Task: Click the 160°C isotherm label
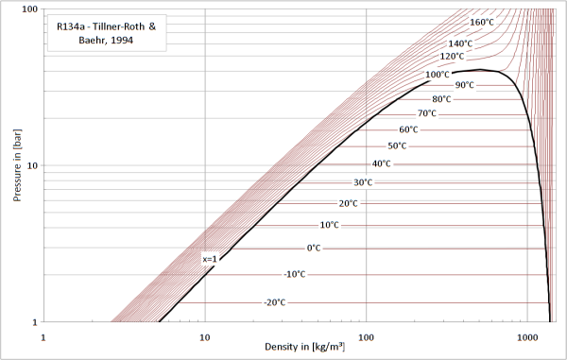tap(482, 23)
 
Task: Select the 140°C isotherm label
tap(460, 43)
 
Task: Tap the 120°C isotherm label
tap(452, 57)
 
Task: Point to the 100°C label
tap(438, 75)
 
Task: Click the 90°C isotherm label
tap(464, 85)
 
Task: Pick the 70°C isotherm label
tap(427, 113)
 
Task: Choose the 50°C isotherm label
tap(397, 146)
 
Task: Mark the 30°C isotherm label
tap(363, 182)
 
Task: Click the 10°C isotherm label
tap(330, 225)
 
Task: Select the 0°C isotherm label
tap(314, 249)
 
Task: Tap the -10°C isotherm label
tap(295, 274)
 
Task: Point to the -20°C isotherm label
tap(275, 302)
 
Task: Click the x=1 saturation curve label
tap(210, 259)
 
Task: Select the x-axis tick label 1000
tap(527, 337)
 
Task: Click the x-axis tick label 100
tap(366, 337)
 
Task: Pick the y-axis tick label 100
tap(30, 9)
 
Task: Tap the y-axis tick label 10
tap(32, 166)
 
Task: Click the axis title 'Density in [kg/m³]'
tap(305, 347)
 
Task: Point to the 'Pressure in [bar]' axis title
tap(17, 165)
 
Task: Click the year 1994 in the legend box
tap(122, 40)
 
